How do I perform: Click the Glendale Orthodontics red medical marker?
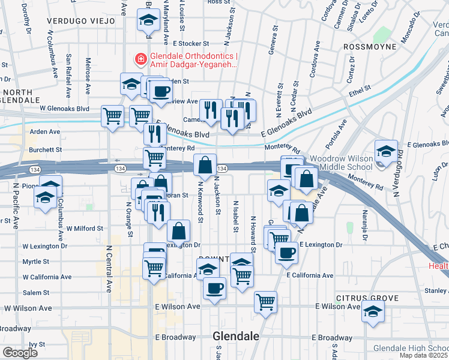click(x=140, y=59)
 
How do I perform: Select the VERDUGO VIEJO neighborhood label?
click(x=80, y=20)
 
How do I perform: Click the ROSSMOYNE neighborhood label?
click(x=370, y=46)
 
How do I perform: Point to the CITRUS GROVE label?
click(x=367, y=298)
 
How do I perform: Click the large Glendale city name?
click(x=236, y=337)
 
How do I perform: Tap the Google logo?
click(x=20, y=352)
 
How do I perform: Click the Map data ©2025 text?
click(x=423, y=355)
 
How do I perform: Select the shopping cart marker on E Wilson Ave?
click(x=265, y=302)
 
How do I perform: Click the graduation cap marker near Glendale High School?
click(x=373, y=312)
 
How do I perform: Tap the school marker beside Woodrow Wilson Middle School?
click(x=386, y=152)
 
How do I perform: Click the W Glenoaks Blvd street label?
click(x=64, y=109)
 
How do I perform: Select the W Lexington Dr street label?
click(x=45, y=246)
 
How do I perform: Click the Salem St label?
click(x=37, y=292)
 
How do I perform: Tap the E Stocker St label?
click(x=190, y=43)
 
